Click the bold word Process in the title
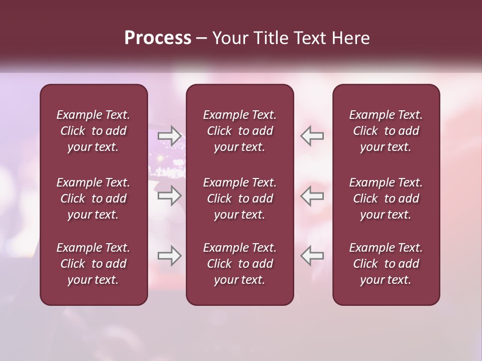click(158, 38)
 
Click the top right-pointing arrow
click(169, 136)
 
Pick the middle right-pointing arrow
click(169, 196)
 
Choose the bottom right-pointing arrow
click(169, 256)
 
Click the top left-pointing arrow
click(312, 136)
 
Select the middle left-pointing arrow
click(312, 196)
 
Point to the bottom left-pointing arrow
click(312, 256)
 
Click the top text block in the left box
click(93, 131)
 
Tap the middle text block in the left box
click(93, 199)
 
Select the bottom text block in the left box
click(93, 264)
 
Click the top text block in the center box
click(240, 131)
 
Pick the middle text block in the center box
click(240, 199)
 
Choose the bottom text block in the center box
click(240, 264)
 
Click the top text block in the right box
click(386, 131)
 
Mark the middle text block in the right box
click(386, 199)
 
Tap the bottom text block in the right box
click(386, 264)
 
